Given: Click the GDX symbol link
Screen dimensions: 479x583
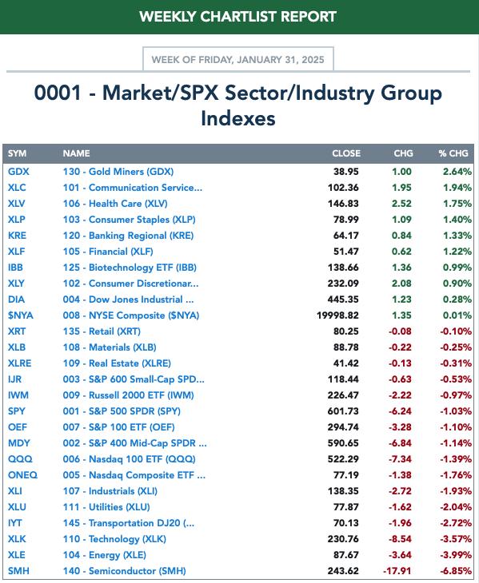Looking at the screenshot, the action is (x=18, y=172).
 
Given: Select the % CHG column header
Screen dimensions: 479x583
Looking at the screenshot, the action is (x=453, y=153).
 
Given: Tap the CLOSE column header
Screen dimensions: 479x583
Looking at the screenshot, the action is (x=346, y=153).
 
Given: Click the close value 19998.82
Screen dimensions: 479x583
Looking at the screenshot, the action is (x=337, y=315).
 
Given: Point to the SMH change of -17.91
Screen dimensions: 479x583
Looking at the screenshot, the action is (x=397, y=571).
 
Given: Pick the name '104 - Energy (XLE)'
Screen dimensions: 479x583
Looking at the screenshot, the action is (x=104, y=555).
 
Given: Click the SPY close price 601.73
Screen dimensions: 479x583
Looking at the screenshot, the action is (x=343, y=411).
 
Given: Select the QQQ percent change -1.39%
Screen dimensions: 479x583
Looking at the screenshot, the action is (x=456, y=459).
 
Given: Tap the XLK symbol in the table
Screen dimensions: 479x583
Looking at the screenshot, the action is (x=17, y=539).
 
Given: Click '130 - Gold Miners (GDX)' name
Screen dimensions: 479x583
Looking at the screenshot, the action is (x=118, y=172).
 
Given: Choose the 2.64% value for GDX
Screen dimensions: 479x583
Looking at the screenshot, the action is (x=457, y=172).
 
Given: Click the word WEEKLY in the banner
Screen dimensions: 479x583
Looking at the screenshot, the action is (x=167, y=17).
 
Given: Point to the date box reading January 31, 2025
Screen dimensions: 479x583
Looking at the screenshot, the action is (x=238, y=59).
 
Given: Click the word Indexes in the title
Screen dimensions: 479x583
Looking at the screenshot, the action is (x=238, y=119).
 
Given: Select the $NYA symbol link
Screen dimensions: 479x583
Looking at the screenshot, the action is (x=21, y=315).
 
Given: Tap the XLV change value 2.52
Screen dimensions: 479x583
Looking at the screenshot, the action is (x=401, y=204).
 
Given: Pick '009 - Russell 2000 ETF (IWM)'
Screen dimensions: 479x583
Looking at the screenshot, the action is (x=129, y=395).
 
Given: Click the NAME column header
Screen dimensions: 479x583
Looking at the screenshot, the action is (x=76, y=153).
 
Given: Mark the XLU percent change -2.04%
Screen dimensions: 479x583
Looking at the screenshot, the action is (x=456, y=507).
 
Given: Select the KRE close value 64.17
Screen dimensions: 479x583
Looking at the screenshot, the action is (x=346, y=236).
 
